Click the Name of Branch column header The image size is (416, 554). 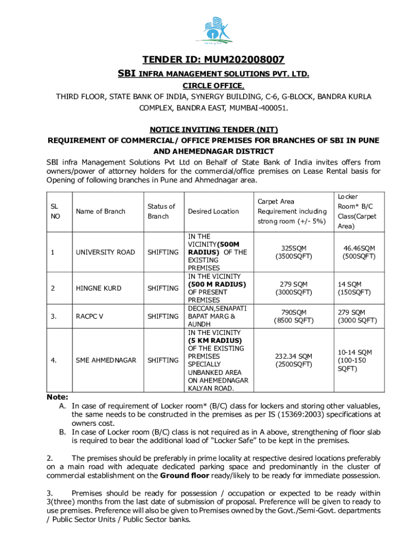(x=100, y=212)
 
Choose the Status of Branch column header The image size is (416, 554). (x=161, y=211)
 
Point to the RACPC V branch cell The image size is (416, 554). (x=89, y=316)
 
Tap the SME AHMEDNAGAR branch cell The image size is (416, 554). (x=106, y=360)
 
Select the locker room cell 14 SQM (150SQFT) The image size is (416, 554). (x=354, y=288)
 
